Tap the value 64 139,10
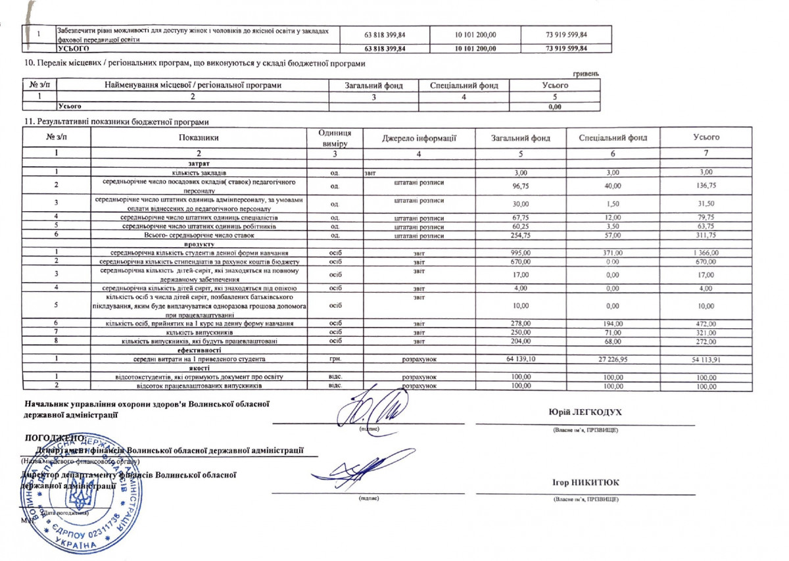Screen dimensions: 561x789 (521, 358)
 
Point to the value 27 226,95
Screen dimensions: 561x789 (613, 358)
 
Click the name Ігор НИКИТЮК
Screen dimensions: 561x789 (585, 483)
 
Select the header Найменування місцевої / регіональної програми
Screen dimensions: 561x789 (193, 85)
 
